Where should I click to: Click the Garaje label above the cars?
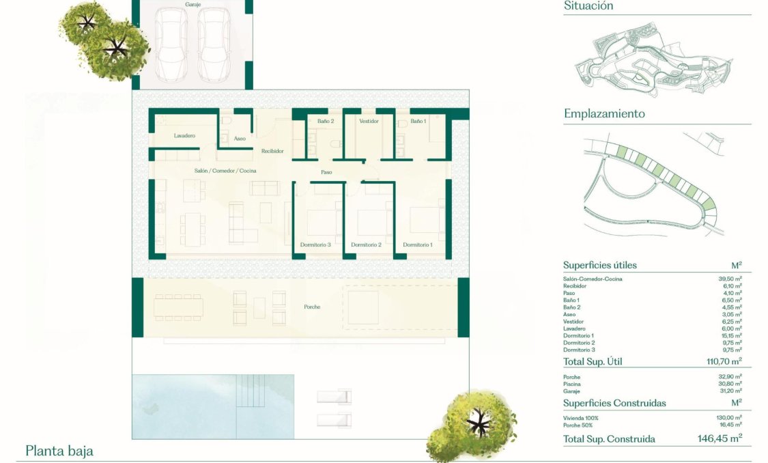click(193, 5)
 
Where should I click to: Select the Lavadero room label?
click(184, 136)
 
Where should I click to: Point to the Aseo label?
click(240, 139)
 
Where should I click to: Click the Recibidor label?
click(272, 151)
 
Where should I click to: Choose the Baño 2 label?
click(326, 122)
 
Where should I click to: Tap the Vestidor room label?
click(369, 122)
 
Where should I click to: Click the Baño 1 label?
click(418, 122)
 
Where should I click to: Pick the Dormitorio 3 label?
click(315, 244)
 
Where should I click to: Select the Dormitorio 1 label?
click(418, 244)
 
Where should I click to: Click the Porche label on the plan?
click(312, 307)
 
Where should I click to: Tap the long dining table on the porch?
click(177, 307)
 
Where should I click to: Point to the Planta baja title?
click(59, 451)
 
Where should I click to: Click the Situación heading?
click(588, 6)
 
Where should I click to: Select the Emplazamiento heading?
click(604, 114)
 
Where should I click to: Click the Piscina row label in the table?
click(573, 383)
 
